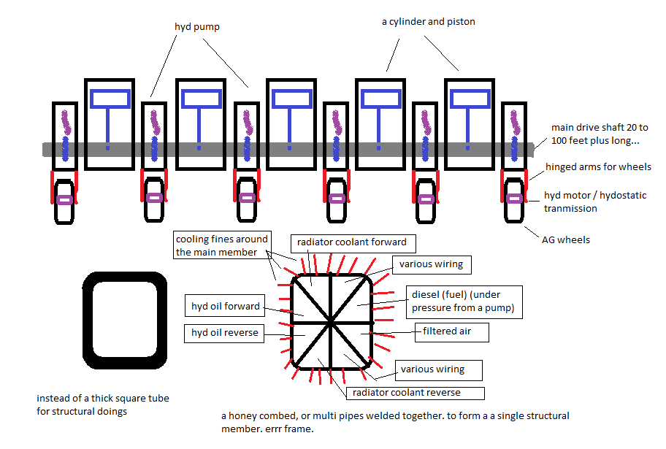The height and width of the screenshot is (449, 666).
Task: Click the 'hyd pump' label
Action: pyautogui.click(x=197, y=27)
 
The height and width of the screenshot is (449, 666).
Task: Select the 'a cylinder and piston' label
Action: pyautogui.click(x=428, y=22)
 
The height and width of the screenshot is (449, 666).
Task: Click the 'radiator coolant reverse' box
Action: pyautogui.click(x=416, y=393)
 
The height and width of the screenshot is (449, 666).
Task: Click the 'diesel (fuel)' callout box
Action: pyautogui.click(x=462, y=301)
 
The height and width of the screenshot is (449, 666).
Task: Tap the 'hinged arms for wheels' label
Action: pyautogui.click(x=598, y=167)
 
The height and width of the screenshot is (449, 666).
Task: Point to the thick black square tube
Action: pyautogui.click(x=120, y=319)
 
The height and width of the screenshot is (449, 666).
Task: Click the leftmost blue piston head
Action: pyautogui.click(x=108, y=98)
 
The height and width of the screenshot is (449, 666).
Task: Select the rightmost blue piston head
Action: pyautogui.click(x=471, y=98)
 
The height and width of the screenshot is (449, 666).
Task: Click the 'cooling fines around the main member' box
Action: pyautogui.click(x=222, y=245)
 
